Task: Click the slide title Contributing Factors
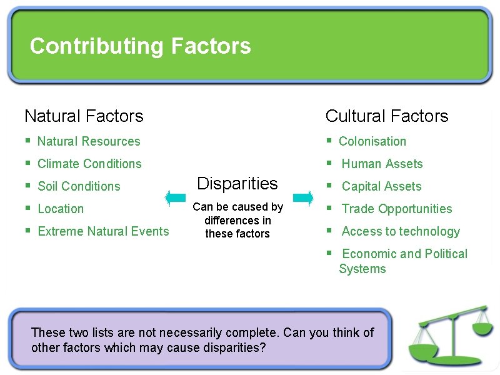140,46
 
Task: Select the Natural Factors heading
84,116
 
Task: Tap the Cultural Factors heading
387,116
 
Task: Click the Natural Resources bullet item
89,142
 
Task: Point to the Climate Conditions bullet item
89,164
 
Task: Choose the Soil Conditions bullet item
79,187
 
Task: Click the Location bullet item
61,209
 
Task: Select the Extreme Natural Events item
103,232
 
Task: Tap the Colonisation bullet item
372,142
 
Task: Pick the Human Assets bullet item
382,164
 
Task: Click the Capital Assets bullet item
381,187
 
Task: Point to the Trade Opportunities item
397,209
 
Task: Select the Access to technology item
401,232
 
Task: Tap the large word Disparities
237,184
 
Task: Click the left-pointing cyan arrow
175,198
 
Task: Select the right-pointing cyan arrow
303,198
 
